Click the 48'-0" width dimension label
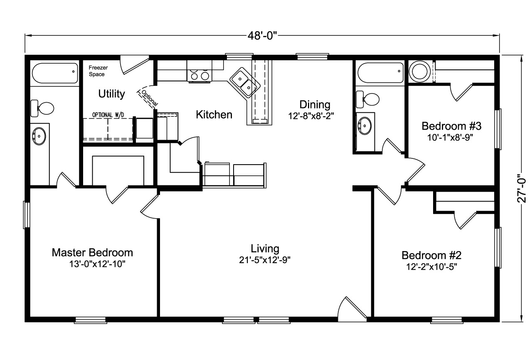(262, 36)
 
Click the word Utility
(112, 94)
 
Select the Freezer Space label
(98, 71)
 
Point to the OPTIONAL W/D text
(108, 115)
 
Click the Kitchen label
(214, 115)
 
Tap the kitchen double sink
(245, 83)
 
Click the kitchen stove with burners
(199, 71)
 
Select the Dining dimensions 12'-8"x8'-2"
(311, 116)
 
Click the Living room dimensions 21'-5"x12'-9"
(265, 260)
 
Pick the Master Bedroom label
(92, 252)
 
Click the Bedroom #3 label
(451, 126)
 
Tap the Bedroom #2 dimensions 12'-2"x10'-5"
(431, 267)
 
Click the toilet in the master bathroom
(42, 108)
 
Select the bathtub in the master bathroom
(55, 73)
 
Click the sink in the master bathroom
(39, 136)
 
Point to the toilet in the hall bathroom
(368, 99)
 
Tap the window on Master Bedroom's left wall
(26, 215)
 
